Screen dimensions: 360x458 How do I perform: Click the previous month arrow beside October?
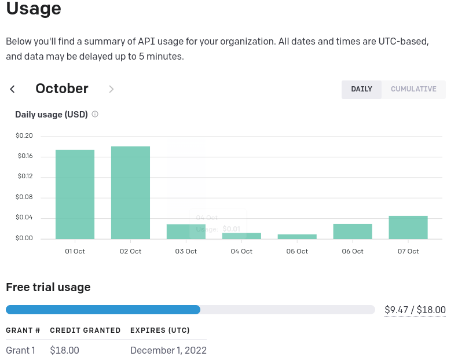[12, 89]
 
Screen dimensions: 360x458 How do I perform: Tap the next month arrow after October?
[111, 89]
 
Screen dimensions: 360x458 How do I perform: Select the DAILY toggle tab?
[361, 89]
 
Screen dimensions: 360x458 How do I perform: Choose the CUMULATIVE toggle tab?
[413, 89]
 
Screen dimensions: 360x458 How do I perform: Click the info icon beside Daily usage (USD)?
[95, 114]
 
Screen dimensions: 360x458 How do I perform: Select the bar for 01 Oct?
[75, 194]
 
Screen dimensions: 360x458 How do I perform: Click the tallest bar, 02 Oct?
[130, 192]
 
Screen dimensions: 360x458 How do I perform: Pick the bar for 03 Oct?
[186, 232]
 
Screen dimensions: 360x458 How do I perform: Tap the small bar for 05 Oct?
[297, 236]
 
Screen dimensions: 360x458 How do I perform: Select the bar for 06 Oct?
[353, 231]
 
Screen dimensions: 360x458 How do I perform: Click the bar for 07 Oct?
[408, 227]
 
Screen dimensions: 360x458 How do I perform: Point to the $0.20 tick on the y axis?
[24, 136]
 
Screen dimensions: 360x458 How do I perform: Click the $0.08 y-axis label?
[24, 197]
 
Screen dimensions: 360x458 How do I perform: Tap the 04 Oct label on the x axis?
[241, 251]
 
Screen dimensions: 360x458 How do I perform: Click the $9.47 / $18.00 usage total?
[415, 310]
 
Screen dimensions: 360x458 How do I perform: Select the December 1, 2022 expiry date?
[168, 350]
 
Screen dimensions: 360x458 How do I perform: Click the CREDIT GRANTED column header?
[85, 330]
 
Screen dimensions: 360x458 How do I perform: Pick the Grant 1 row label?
[20, 350]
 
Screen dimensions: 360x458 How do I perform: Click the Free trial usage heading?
[48, 287]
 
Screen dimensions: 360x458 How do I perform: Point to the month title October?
[62, 89]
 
